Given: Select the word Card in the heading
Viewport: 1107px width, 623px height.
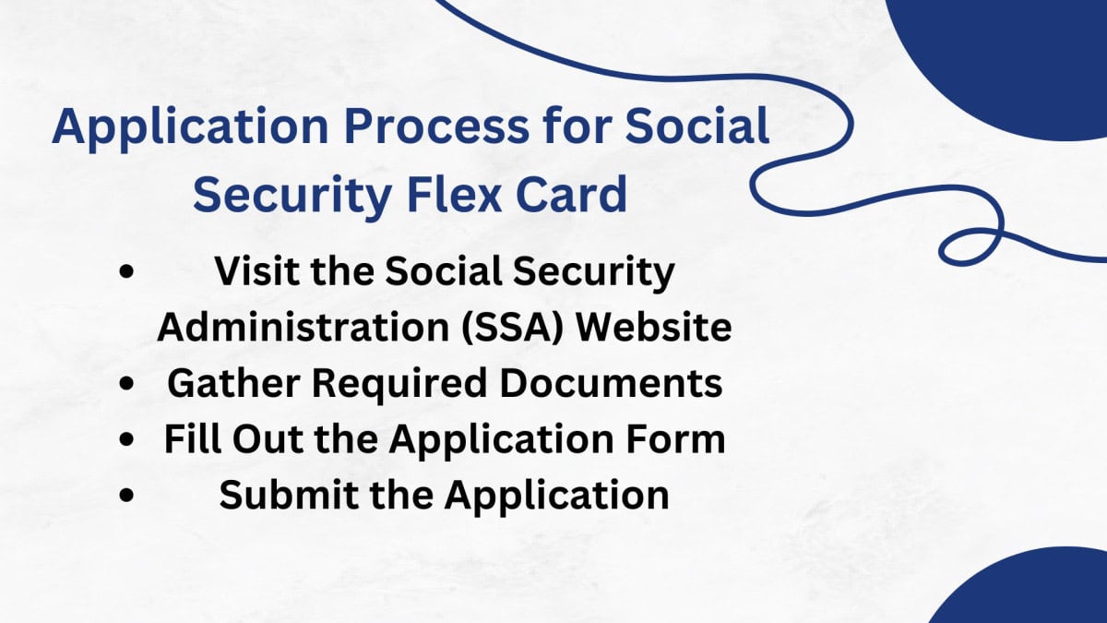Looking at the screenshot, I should [x=583, y=197].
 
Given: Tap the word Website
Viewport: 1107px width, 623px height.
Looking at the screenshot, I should [x=660, y=328].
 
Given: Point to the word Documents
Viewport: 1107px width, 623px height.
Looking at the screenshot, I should [x=613, y=384].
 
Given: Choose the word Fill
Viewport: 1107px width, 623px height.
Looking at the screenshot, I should [x=190, y=439].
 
